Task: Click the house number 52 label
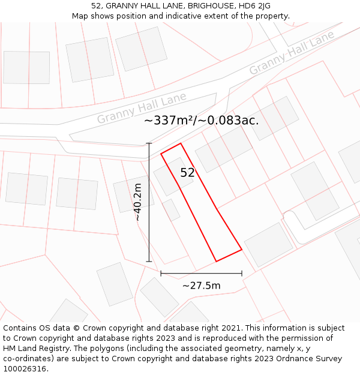(188, 173)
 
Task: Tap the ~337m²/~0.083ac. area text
(202, 120)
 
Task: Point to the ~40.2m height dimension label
(139, 202)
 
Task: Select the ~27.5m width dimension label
(202, 286)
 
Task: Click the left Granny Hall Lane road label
(142, 108)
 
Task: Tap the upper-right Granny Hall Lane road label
(292, 53)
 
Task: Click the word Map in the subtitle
(81, 16)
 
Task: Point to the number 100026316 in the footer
(25, 369)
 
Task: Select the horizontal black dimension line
(202, 274)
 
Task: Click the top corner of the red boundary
(181, 143)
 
